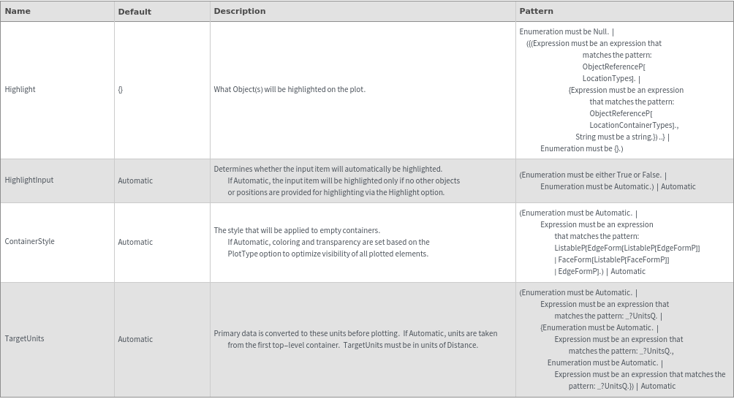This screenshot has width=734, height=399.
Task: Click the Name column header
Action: coord(18,11)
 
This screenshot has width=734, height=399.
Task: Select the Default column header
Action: coord(135,12)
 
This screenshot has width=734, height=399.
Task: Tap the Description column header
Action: coord(239,11)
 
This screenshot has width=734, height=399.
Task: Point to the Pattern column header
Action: coord(536,11)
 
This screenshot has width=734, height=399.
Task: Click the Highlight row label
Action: coord(20,89)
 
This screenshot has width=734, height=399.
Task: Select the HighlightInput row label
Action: coord(29,180)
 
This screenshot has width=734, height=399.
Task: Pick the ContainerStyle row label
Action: coord(29,241)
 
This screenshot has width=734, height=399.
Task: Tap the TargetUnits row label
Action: coord(24,338)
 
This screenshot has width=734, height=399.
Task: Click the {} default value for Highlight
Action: coord(121,90)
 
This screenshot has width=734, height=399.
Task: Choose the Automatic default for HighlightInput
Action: coord(135,180)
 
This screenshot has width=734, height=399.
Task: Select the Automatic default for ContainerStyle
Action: coord(135,242)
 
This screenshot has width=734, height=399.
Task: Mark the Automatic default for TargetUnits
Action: coord(135,339)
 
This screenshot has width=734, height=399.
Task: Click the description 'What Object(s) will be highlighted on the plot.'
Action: coord(290,89)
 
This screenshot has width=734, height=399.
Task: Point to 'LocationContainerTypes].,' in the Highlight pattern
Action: coord(634,125)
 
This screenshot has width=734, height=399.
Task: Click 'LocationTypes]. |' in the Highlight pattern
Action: coord(611,78)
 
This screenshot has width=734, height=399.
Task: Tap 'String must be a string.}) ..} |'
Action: coord(622,137)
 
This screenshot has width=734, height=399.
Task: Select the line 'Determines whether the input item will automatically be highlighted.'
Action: coord(328,169)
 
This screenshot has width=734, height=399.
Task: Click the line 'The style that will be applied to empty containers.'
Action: coord(297,230)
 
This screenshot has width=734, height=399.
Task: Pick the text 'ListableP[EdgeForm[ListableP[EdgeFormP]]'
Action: coord(627,248)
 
